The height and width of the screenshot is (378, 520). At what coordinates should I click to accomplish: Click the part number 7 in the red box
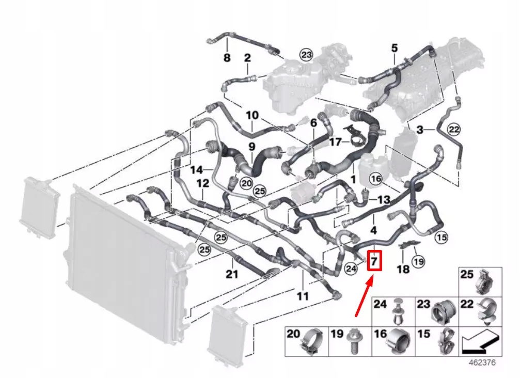click(374, 261)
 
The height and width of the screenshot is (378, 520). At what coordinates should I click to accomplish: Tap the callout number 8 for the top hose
click(227, 58)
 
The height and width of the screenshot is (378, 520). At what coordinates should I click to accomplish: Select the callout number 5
click(394, 49)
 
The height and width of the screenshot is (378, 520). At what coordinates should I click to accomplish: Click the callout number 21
click(232, 274)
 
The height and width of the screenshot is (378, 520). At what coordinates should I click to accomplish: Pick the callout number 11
click(303, 296)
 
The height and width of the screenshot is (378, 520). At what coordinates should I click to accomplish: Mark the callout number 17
click(336, 140)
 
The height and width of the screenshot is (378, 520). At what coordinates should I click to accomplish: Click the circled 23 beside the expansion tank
click(307, 55)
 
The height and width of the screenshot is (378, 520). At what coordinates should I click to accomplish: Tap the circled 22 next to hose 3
click(453, 129)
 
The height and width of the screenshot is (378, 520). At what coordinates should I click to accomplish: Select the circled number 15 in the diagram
click(440, 238)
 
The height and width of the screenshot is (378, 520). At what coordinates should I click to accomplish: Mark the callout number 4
click(373, 230)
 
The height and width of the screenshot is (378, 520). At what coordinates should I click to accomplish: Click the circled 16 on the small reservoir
click(376, 179)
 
